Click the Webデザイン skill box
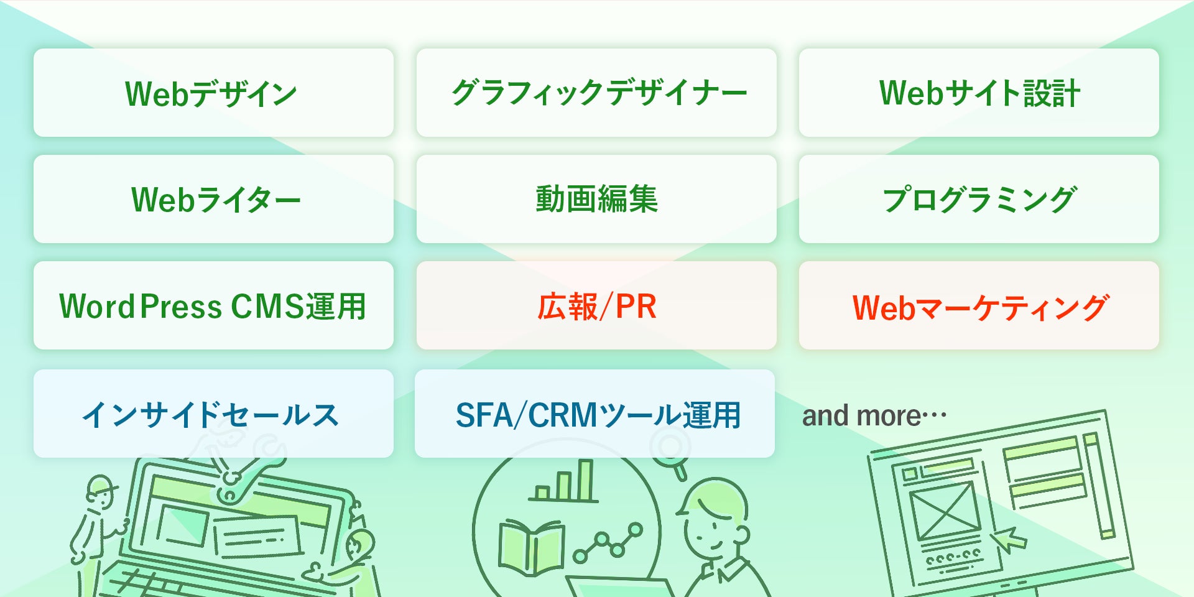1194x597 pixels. pos(213,93)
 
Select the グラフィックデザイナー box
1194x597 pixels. pos(596,93)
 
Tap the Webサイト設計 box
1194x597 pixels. pos(979,93)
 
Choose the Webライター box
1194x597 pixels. pos(213,199)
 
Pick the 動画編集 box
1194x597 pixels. pos(596,199)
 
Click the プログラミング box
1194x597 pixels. pos(979,199)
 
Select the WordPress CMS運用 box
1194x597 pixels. pos(213,305)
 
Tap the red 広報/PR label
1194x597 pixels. pos(596,306)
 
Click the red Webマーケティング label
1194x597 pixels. pos(979,307)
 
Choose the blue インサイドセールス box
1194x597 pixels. pos(213,414)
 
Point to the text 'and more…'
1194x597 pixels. pos(874,415)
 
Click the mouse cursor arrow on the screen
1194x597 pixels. pos(1008,539)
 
